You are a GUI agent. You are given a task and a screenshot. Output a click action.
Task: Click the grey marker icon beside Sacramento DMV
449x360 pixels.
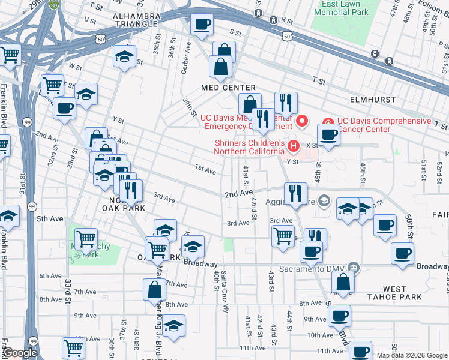click(x=354, y=267)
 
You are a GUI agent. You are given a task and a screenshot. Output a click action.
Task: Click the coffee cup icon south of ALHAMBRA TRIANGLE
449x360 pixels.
click(x=202, y=25)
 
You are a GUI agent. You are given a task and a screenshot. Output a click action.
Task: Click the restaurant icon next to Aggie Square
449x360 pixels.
click(x=295, y=193)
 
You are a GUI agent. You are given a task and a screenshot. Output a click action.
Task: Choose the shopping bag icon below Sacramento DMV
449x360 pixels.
click(x=342, y=281)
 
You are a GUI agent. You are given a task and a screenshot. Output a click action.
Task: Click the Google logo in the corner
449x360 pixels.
click(x=21, y=353)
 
